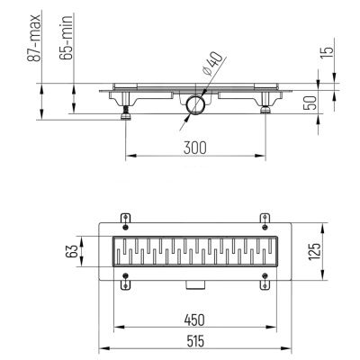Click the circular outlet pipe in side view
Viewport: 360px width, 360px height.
[x=194, y=106]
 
